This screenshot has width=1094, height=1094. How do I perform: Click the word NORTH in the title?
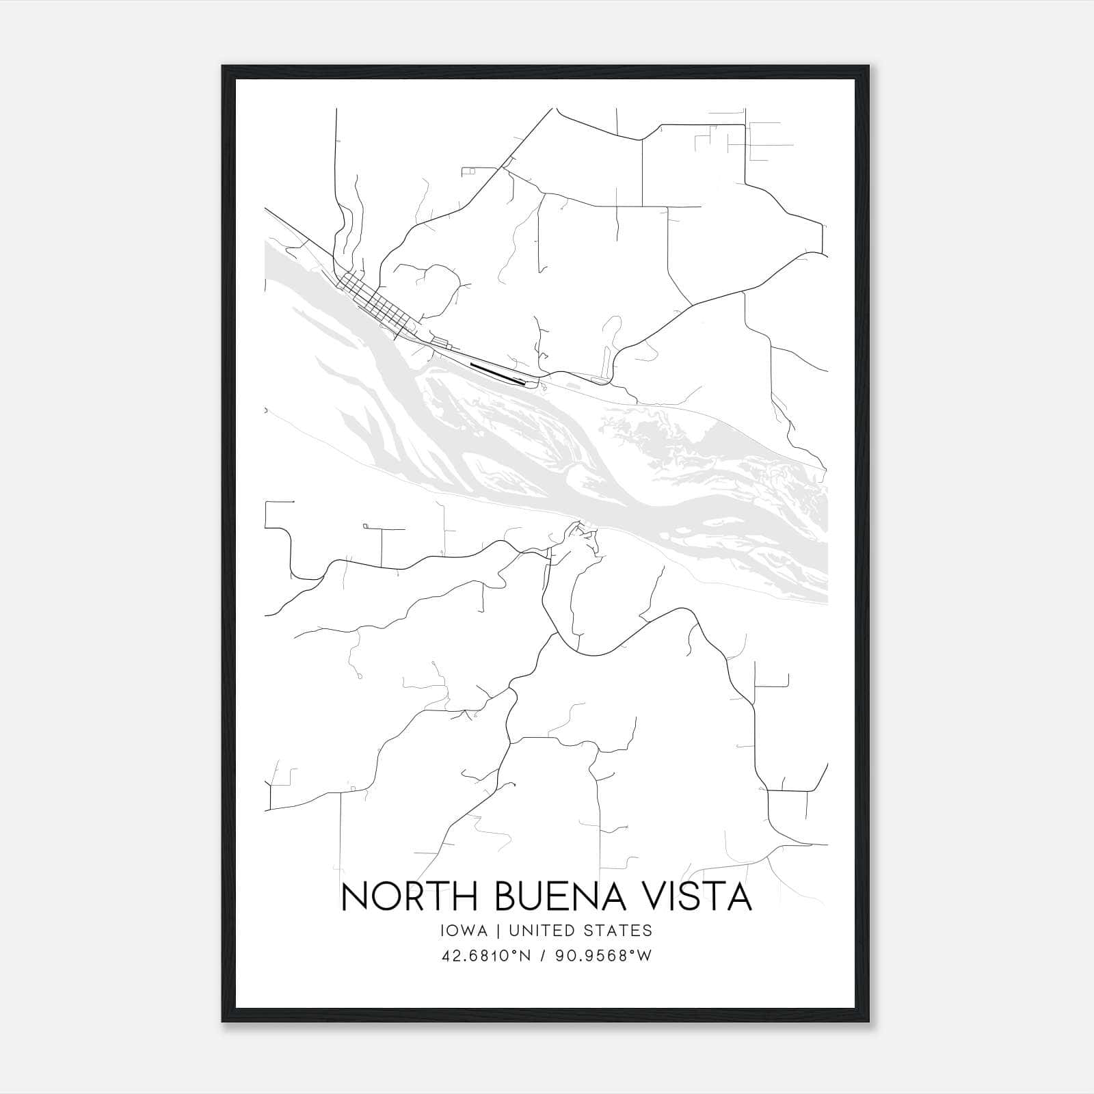click(x=409, y=897)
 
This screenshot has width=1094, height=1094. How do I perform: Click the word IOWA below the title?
click(x=465, y=931)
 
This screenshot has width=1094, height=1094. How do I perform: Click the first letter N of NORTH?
click(x=353, y=897)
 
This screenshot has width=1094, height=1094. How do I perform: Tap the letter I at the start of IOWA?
click(x=445, y=931)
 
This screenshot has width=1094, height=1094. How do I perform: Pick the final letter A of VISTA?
click(x=739, y=897)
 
